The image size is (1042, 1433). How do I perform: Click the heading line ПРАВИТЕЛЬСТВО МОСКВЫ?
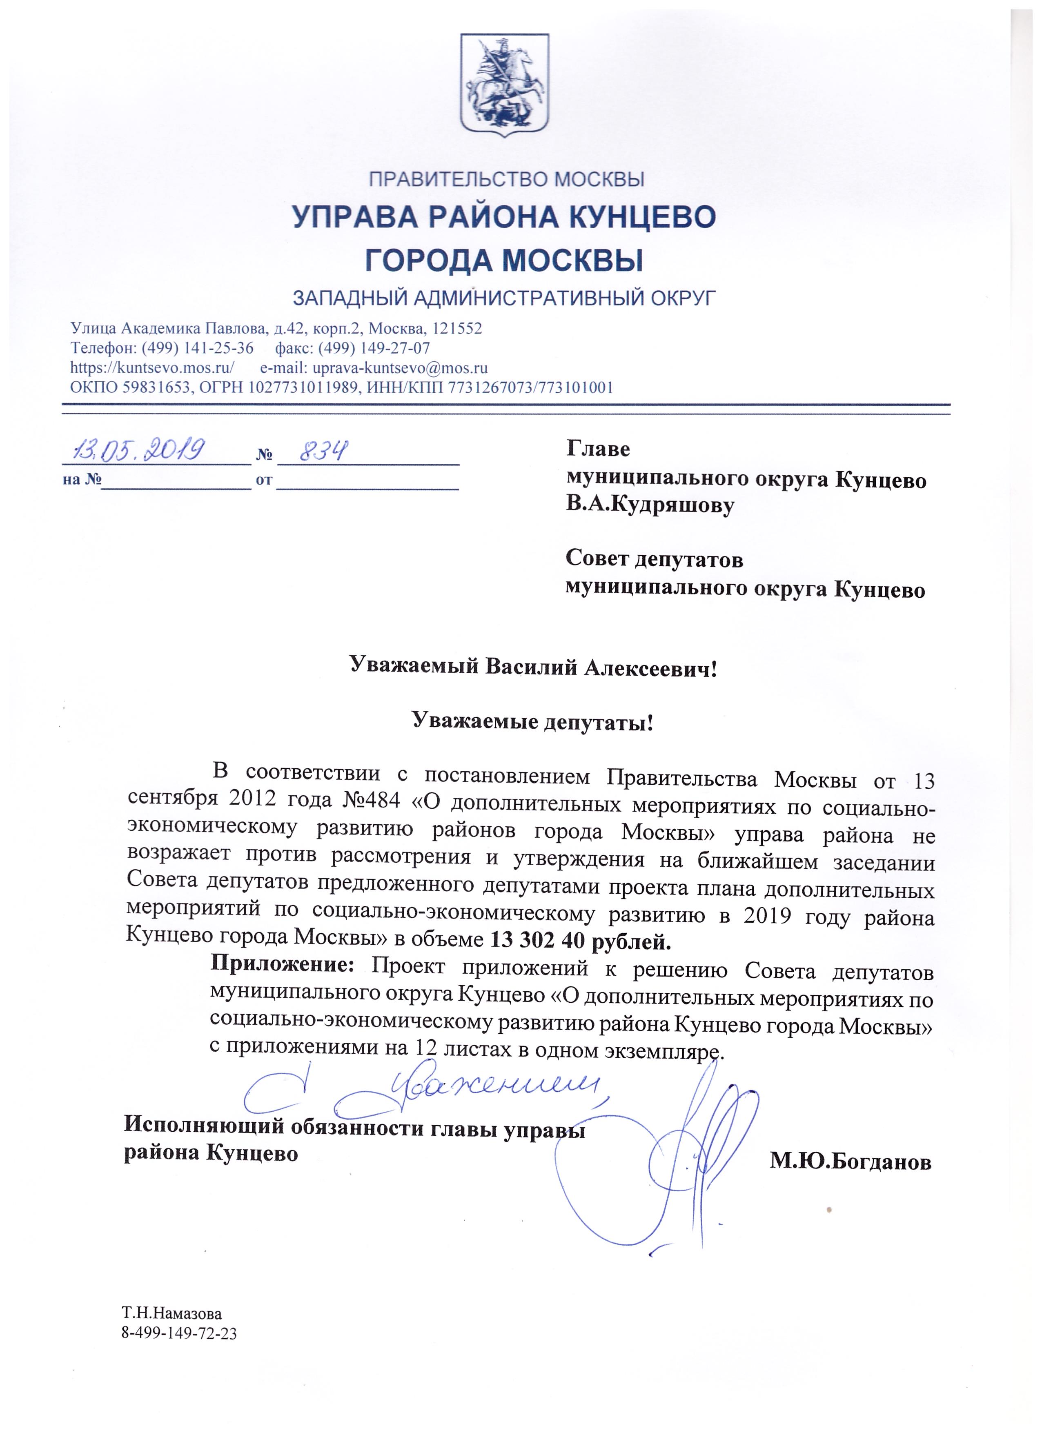tap(506, 180)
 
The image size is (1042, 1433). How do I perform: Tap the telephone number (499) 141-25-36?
tap(197, 348)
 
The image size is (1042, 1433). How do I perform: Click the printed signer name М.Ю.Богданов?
tap(850, 1162)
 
